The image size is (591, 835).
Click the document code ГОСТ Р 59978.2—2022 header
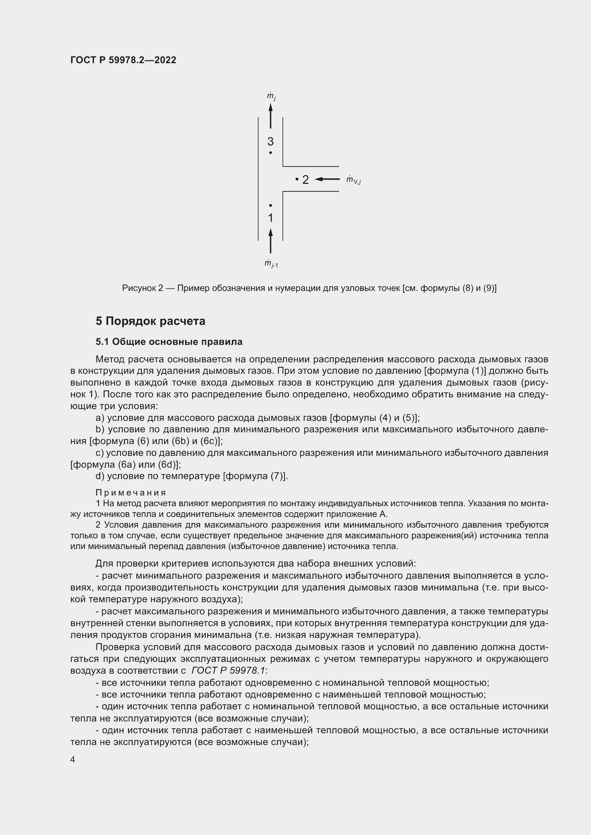point(123,60)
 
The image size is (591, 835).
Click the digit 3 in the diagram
point(270,141)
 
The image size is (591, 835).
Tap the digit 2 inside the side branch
point(305,180)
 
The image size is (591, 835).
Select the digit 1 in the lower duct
point(270,218)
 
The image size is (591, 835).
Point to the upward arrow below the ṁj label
point(270,116)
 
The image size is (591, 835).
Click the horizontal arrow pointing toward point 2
point(327,179)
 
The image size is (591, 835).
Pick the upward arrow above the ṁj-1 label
point(270,241)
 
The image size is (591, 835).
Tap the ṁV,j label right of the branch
point(353,180)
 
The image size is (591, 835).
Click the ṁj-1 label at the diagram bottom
point(271,264)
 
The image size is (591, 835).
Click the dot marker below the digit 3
point(270,153)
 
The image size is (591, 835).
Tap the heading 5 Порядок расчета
point(150,321)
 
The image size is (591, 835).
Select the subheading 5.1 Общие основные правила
point(169,342)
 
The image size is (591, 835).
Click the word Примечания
point(131,493)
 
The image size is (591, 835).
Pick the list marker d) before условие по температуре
point(100,476)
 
